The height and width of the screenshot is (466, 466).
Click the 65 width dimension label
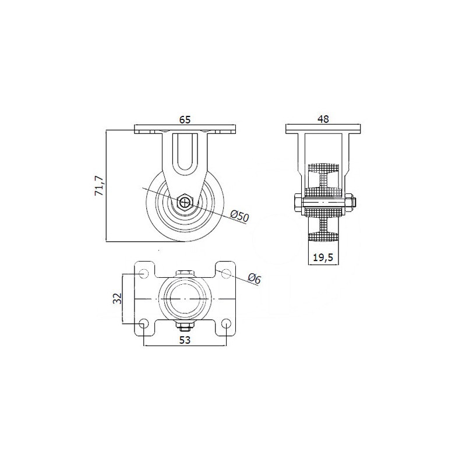coord(185,119)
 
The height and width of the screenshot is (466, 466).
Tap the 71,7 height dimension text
coord(99,186)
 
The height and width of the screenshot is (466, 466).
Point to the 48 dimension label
coord(323,119)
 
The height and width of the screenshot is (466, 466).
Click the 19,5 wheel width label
coord(323,257)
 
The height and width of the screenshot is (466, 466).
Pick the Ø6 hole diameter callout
coord(255,278)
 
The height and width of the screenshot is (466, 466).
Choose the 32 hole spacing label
coord(118,298)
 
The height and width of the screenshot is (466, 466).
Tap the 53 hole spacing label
coord(185,340)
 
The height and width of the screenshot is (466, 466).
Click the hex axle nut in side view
coord(185,202)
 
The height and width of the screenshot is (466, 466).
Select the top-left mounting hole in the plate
coord(143,273)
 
